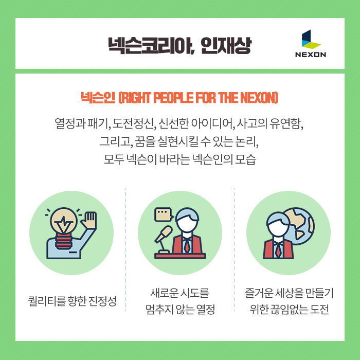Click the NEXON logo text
pyautogui.click(x=311, y=55)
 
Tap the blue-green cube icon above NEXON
pyautogui.click(x=311, y=39)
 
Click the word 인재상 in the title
pyautogui.click(x=226, y=45)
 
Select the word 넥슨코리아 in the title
pyautogui.click(x=151, y=45)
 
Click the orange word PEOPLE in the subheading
pyautogui.click(x=173, y=98)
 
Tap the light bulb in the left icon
pyautogui.click(x=63, y=221)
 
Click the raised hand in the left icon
pyautogui.click(x=88, y=220)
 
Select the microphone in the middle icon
pyautogui.click(x=163, y=234)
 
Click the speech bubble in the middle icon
pyautogui.click(x=164, y=214)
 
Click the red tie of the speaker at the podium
pyautogui.click(x=187, y=246)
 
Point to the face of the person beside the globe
pyautogui.click(x=278, y=228)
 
